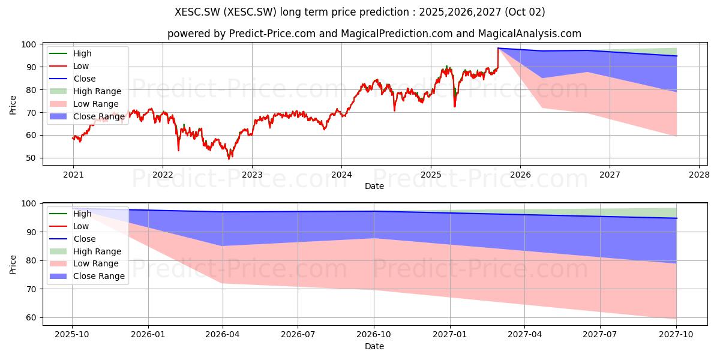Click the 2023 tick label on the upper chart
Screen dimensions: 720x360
pos(252,175)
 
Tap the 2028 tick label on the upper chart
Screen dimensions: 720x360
pos(699,175)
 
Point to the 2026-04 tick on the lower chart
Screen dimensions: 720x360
pos(223,335)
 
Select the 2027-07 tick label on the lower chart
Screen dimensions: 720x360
pos(600,335)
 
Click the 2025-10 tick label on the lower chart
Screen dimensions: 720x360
pos(71,335)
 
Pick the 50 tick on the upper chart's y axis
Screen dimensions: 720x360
pos(31,158)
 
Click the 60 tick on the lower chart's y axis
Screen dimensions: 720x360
pos(31,317)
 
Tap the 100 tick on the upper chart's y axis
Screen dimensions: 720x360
pos(29,44)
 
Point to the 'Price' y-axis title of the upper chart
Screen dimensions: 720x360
pos(13,105)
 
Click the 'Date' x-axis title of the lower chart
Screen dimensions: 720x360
pos(374,346)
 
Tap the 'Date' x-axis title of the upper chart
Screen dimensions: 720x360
pos(374,186)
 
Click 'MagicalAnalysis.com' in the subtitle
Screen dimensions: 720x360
pos(530,34)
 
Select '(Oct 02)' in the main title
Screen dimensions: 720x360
pos(525,12)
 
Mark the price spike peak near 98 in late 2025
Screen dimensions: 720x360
pos(498,48)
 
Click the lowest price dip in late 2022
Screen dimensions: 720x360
pos(229,159)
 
